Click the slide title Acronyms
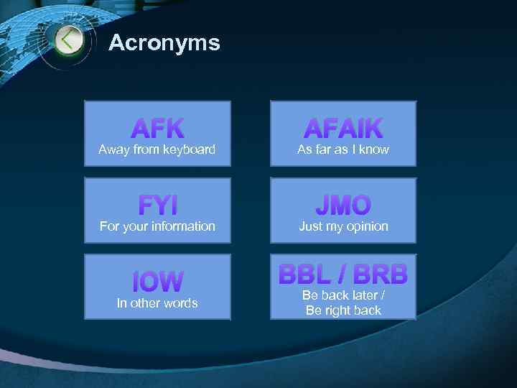[164, 43]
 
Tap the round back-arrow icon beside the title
[69, 40]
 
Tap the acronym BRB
[381, 274]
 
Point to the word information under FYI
[180, 226]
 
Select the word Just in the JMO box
[311, 226]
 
